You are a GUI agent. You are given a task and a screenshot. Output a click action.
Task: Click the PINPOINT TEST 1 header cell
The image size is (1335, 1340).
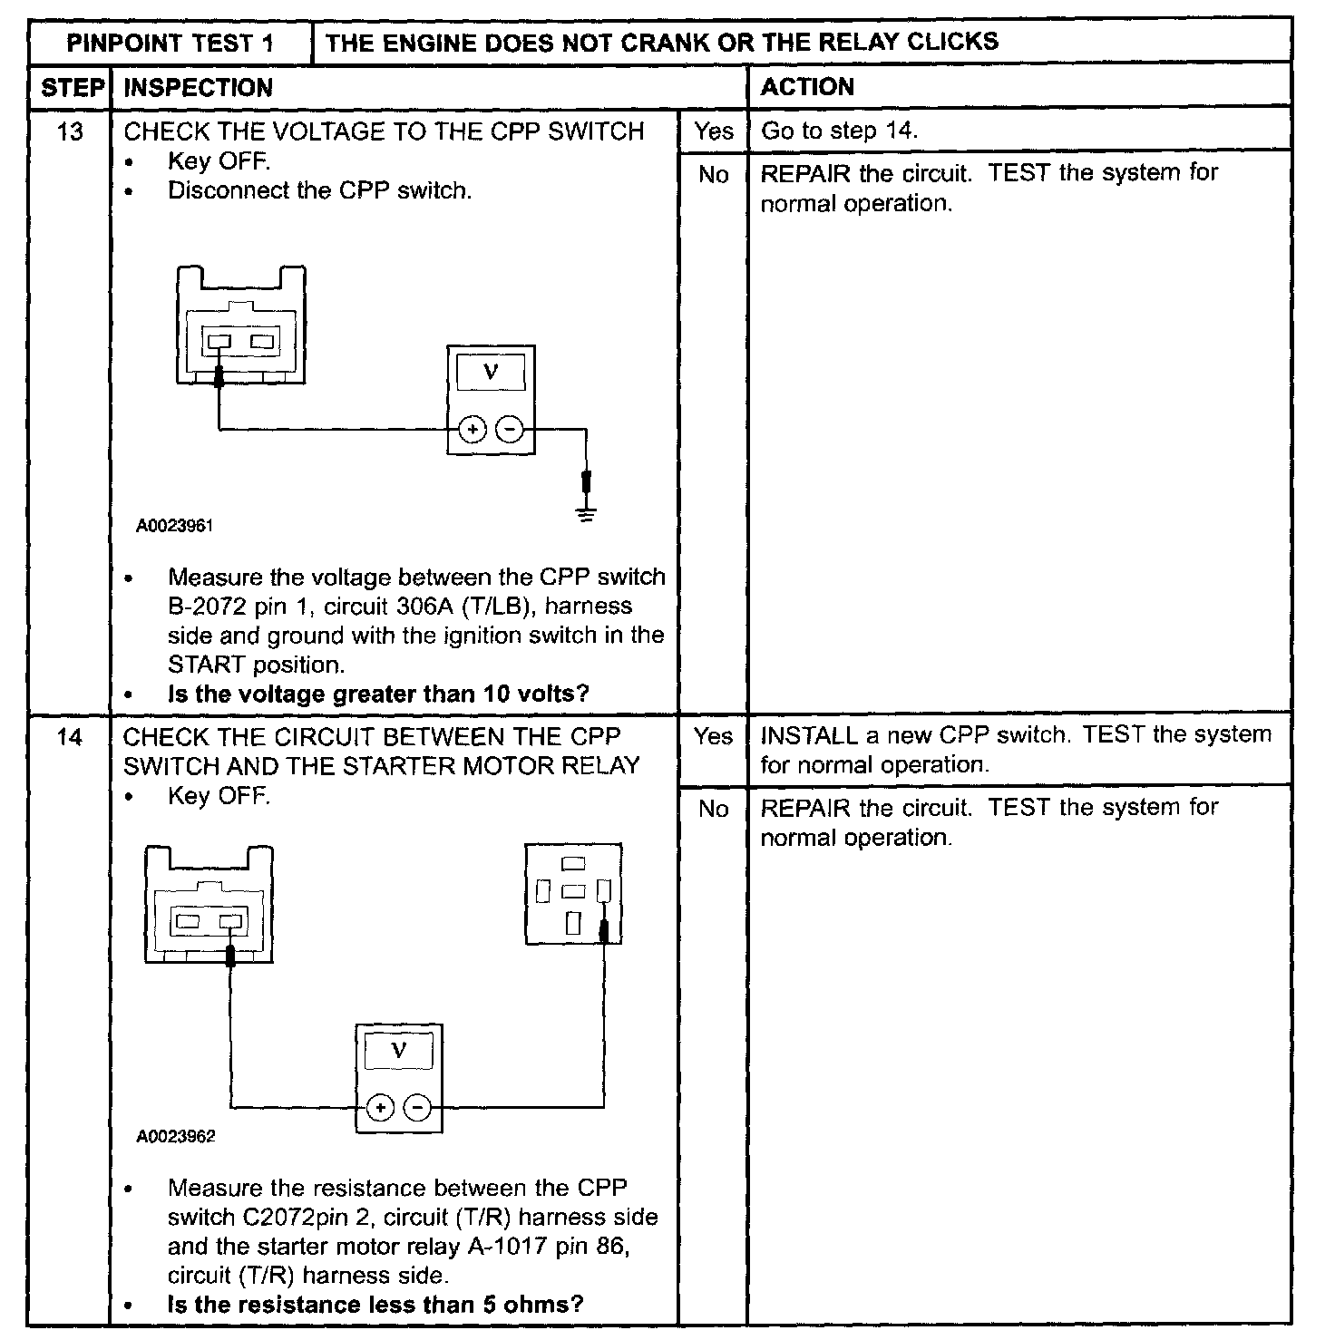point(170,44)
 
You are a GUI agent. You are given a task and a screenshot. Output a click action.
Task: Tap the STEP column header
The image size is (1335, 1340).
point(71,87)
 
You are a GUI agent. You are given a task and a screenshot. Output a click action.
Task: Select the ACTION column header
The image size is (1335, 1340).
point(807,87)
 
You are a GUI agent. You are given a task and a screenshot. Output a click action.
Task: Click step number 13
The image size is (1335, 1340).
point(69,132)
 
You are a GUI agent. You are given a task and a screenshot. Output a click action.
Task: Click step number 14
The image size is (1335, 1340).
point(69,737)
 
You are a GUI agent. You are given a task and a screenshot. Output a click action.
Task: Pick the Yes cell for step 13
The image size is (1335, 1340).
point(713,131)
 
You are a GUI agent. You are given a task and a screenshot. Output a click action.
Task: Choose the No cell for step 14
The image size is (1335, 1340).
point(713,809)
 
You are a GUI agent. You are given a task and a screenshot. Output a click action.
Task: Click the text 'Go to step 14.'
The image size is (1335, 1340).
point(839,131)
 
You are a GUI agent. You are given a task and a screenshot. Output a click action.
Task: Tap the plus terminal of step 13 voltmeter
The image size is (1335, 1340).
point(472,429)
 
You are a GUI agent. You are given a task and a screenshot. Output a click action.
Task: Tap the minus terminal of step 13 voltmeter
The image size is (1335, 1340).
point(511,429)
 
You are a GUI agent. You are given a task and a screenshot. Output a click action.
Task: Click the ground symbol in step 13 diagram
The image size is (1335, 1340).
point(587,516)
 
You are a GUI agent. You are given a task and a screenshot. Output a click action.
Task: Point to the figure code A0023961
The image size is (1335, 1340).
point(175,526)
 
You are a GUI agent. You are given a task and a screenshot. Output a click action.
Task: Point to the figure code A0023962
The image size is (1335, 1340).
point(176,1137)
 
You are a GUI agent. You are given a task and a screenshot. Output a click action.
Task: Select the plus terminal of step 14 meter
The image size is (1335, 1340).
point(380,1108)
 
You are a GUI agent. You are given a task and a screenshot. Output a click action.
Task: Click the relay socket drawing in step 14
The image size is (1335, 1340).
point(573,894)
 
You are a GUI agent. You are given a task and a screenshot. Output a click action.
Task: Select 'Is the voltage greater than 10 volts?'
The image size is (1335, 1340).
point(378,694)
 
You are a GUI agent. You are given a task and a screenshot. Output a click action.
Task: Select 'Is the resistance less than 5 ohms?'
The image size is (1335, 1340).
point(375,1305)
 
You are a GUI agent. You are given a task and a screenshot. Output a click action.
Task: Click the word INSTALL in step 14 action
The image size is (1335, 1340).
point(808,735)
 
